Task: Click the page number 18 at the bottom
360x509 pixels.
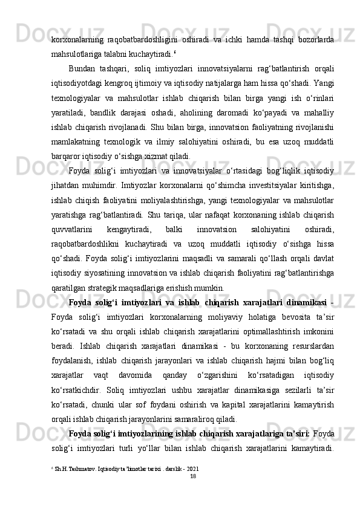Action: point(192,476)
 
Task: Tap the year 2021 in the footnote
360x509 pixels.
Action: point(191,468)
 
